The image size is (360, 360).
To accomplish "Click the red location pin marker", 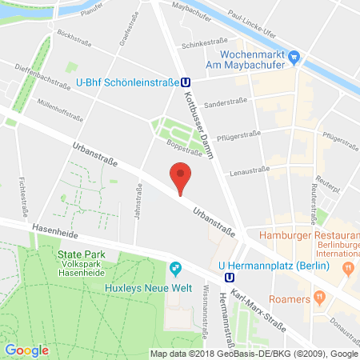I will click(182, 175).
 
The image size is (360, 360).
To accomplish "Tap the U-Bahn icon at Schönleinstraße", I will click(186, 80).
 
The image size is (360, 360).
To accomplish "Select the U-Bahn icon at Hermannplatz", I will click(230, 278).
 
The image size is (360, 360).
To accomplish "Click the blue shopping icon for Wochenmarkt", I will click(294, 56).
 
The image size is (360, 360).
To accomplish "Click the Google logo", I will click(26, 350).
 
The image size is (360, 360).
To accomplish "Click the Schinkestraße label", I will click(201, 46).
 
